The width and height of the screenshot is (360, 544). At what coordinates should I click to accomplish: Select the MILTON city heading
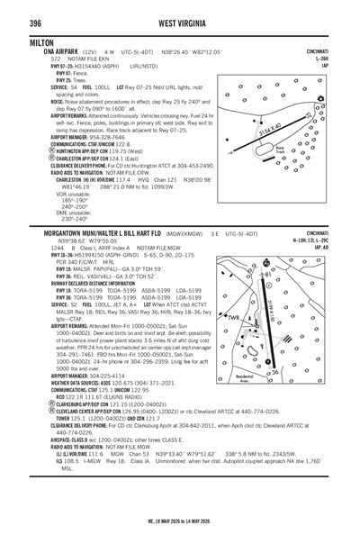coord(20,41)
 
